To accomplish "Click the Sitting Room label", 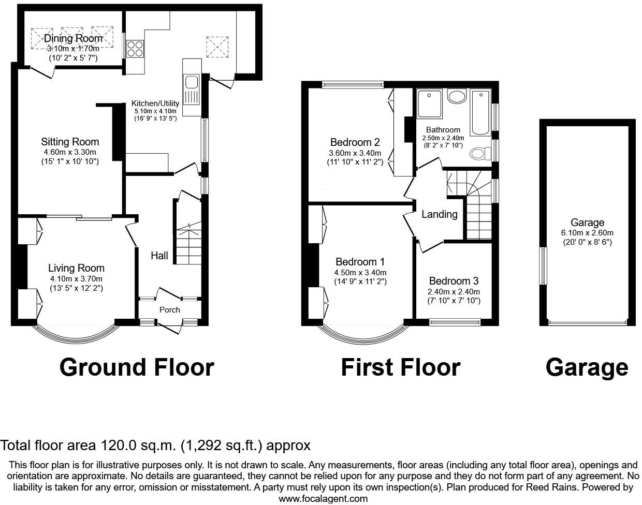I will pyautogui.click(x=70, y=142).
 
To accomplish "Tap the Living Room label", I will pyautogui.click(x=76, y=268).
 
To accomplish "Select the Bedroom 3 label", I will pyautogui.click(x=454, y=281).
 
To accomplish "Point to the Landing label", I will pyautogui.click(x=440, y=214).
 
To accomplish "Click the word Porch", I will pyautogui.click(x=170, y=309).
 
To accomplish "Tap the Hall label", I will pyautogui.click(x=159, y=255).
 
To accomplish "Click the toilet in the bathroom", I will pyautogui.click(x=481, y=154).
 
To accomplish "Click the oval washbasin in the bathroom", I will pyautogui.click(x=457, y=97).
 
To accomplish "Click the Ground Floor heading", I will pyautogui.click(x=137, y=367).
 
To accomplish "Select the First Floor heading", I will pyautogui.click(x=400, y=367).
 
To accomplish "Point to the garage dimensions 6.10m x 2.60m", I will pyautogui.click(x=588, y=233).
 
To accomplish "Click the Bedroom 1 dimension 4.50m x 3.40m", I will pyautogui.click(x=360, y=273).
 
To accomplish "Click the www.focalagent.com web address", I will pyautogui.click(x=323, y=499).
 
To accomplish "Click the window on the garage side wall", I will pyautogui.click(x=543, y=265).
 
